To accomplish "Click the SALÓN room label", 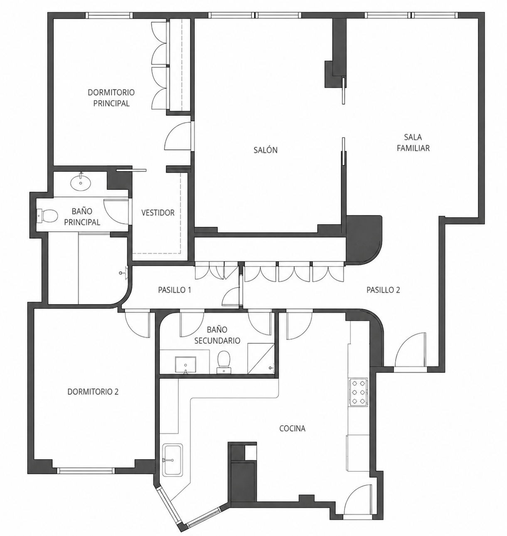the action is [x=265, y=150].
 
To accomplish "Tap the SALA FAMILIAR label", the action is [x=413, y=142].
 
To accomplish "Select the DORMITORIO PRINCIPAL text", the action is [x=111, y=98].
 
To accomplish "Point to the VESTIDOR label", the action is [x=158, y=212].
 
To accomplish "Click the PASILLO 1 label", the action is [x=175, y=290].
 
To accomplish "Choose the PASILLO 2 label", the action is [x=383, y=290].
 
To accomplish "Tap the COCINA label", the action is [x=292, y=428].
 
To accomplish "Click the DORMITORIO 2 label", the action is [x=93, y=392].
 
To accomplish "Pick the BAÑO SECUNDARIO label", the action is [x=217, y=335].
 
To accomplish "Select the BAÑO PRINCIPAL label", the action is [x=82, y=217].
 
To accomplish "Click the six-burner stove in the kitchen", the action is [x=359, y=392].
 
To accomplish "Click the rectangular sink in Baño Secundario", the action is [x=186, y=365].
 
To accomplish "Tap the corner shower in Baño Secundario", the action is [x=261, y=358].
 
